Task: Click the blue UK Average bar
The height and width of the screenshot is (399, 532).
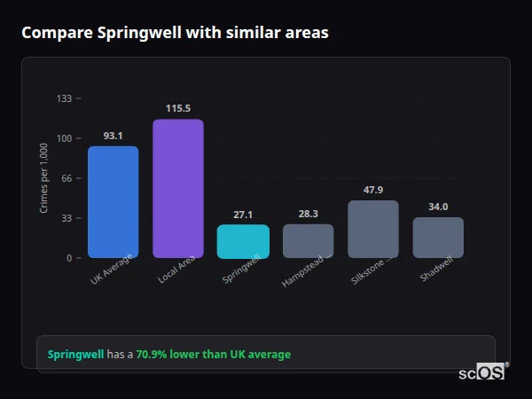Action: coord(113,202)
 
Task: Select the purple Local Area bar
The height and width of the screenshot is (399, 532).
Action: coord(178,188)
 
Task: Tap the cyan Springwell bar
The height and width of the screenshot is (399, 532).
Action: coord(243,241)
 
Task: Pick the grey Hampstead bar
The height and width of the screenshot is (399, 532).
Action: coord(308,240)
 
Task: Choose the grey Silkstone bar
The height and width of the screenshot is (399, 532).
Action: coord(373,229)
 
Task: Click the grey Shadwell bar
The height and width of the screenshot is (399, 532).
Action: coord(438,238)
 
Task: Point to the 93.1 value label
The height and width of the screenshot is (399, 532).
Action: coord(113,136)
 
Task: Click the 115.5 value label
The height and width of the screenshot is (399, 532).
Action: coord(178,109)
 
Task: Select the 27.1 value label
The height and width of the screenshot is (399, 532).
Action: coord(243,215)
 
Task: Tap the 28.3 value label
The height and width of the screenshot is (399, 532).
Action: coord(308,214)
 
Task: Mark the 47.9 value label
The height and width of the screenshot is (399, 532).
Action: coord(373,190)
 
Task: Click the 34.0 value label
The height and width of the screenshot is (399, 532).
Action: coord(438,207)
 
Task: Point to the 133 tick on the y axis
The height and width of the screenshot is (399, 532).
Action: coord(65,98)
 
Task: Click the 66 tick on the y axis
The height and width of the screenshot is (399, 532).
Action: coord(66,178)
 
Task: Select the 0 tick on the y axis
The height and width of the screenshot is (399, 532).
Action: coord(69,258)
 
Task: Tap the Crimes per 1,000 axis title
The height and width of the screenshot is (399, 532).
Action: coord(44,177)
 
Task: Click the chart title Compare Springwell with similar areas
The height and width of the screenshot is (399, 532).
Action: coord(175,33)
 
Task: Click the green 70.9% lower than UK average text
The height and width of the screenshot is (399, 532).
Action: coord(213,355)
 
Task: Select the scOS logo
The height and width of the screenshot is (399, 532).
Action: coord(482,372)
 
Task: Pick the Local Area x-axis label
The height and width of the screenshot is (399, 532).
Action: coord(176,271)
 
